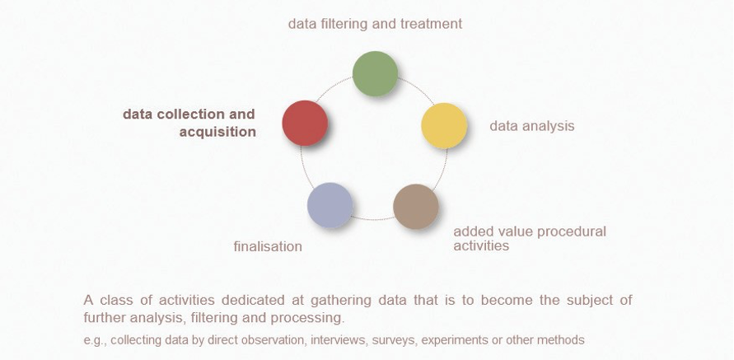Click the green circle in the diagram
click(x=375, y=73)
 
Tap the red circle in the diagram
click(x=305, y=124)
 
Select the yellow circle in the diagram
click(x=444, y=125)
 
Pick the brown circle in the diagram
click(x=416, y=206)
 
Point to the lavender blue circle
click(x=330, y=205)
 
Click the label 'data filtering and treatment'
click(x=375, y=24)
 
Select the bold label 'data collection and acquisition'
click(x=189, y=123)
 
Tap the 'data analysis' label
click(x=531, y=126)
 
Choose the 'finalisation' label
click(x=268, y=246)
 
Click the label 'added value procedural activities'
click(x=529, y=238)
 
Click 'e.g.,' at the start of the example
click(x=95, y=339)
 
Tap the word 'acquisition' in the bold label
click(x=217, y=132)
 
